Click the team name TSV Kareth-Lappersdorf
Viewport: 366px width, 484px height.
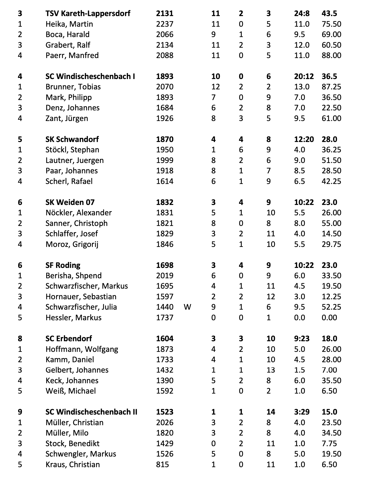(x=88, y=13)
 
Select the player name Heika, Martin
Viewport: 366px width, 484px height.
(x=69, y=24)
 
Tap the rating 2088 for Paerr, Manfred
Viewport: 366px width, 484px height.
(x=165, y=55)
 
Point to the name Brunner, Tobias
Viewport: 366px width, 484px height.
(x=73, y=87)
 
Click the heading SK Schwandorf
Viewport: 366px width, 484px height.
(x=72, y=139)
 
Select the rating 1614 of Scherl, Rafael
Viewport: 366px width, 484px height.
(x=165, y=181)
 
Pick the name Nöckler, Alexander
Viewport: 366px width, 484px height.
(x=79, y=213)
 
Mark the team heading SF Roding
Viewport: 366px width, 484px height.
(x=63, y=265)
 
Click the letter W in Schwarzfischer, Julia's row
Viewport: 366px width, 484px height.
(x=187, y=307)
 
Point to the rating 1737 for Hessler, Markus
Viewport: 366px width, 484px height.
(x=165, y=318)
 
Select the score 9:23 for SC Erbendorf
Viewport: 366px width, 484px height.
(x=302, y=339)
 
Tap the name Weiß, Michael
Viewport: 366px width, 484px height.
(x=71, y=391)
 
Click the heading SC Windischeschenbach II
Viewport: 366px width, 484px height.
(x=91, y=412)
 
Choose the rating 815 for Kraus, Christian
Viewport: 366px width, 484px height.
(x=163, y=464)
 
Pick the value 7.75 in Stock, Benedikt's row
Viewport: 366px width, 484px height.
(x=329, y=443)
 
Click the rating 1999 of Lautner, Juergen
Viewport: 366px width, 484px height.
(x=165, y=160)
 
